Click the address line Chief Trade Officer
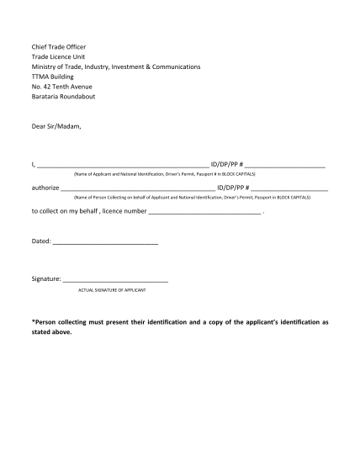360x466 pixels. point(59,46)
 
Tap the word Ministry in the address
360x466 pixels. point(46,66)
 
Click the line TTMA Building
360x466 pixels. point(53,77)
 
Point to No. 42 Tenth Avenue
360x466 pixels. point(61,87)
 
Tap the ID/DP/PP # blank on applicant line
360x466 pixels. point(285,165)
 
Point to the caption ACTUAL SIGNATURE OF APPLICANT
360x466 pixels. point(112,289)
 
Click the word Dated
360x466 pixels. point(40,241)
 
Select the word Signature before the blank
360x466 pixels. point(45,278)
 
